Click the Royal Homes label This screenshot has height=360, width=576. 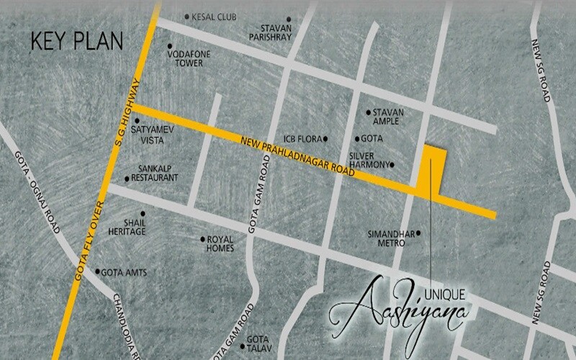[x=220, y=244]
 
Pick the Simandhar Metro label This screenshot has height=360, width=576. [x=387, y=239]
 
